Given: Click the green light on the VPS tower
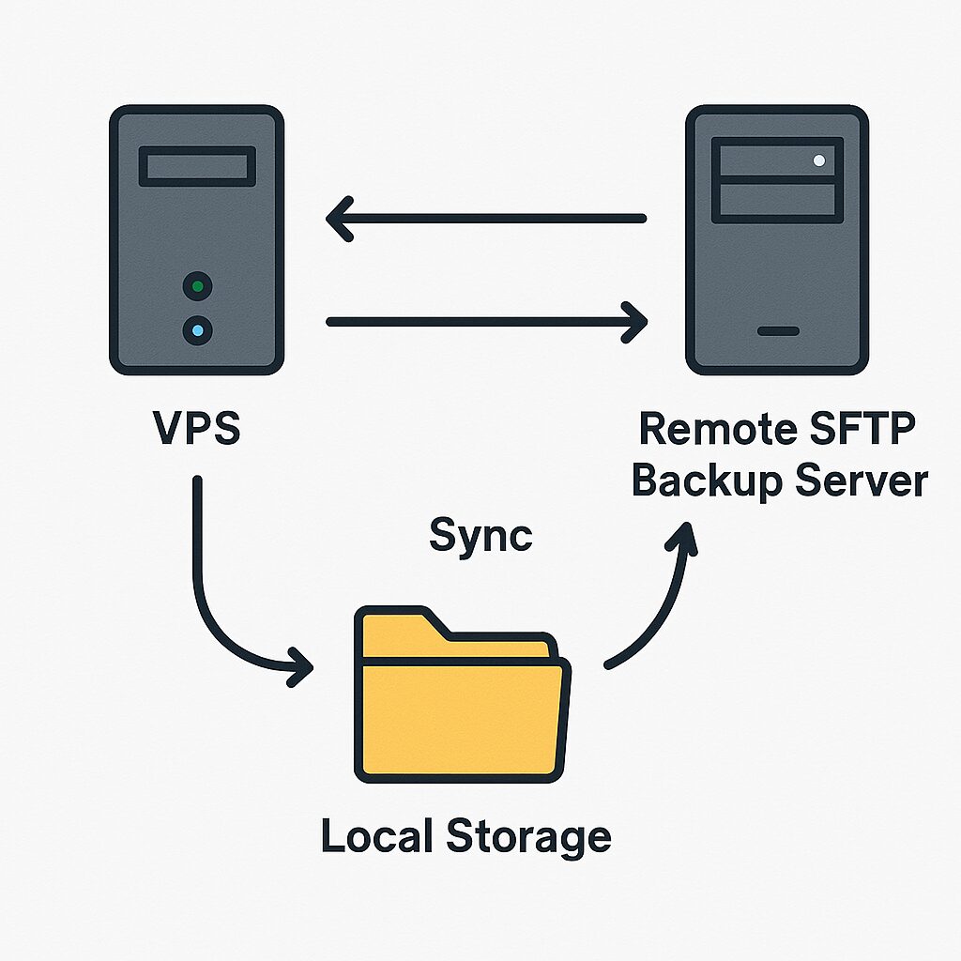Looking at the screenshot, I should coord(197,285).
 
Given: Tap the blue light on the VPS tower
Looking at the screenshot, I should coord(197,330).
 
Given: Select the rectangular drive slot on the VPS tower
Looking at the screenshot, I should coord(197,166).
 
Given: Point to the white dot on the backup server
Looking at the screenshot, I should coord(819,160).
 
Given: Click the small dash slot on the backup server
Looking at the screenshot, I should coord(778,331).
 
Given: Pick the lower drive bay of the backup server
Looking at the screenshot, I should coord(776,201).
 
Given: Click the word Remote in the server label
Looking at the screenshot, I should coord(710,429).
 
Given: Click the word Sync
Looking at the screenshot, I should coord(480,535).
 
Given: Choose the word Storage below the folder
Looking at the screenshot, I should coord(527,836).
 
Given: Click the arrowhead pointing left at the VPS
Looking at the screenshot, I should coord(338,219).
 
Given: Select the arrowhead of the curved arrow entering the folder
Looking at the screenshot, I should coord(300,667).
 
